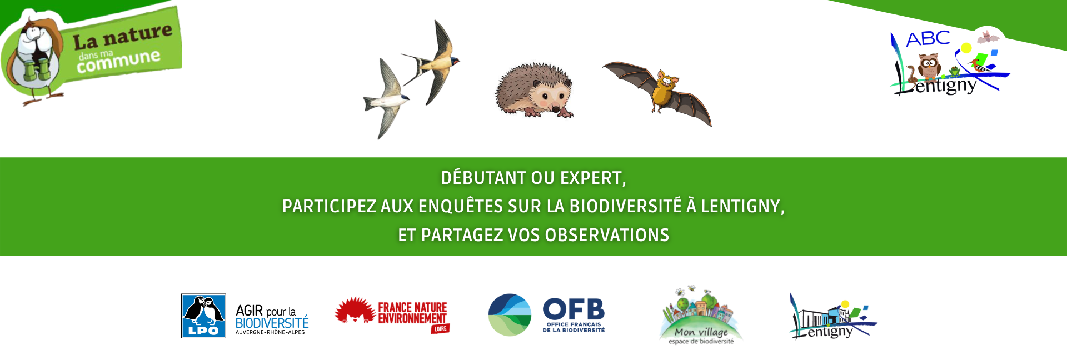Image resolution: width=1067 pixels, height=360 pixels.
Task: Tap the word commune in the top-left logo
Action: pos(118,61)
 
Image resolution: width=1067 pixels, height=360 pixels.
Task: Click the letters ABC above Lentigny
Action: pos(928,39)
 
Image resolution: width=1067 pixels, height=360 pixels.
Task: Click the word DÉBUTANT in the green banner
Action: pos(483,178)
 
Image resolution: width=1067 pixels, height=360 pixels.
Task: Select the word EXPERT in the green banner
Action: pos(593,178)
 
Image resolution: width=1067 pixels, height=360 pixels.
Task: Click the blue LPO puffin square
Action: pos(203,316)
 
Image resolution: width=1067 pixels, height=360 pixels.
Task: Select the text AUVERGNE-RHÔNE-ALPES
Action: pos(270,332)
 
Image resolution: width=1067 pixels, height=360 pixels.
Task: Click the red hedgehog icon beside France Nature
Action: pos(355,310)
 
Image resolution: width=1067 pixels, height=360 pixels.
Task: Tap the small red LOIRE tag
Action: pos(440,329)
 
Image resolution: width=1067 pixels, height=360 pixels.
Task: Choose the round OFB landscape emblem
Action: pos(510,315)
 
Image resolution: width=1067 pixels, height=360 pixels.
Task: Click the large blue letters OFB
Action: pos(574,309)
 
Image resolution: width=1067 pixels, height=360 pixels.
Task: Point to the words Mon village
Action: pos(701,332)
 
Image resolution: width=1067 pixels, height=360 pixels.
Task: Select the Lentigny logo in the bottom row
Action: pos(832,316)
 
